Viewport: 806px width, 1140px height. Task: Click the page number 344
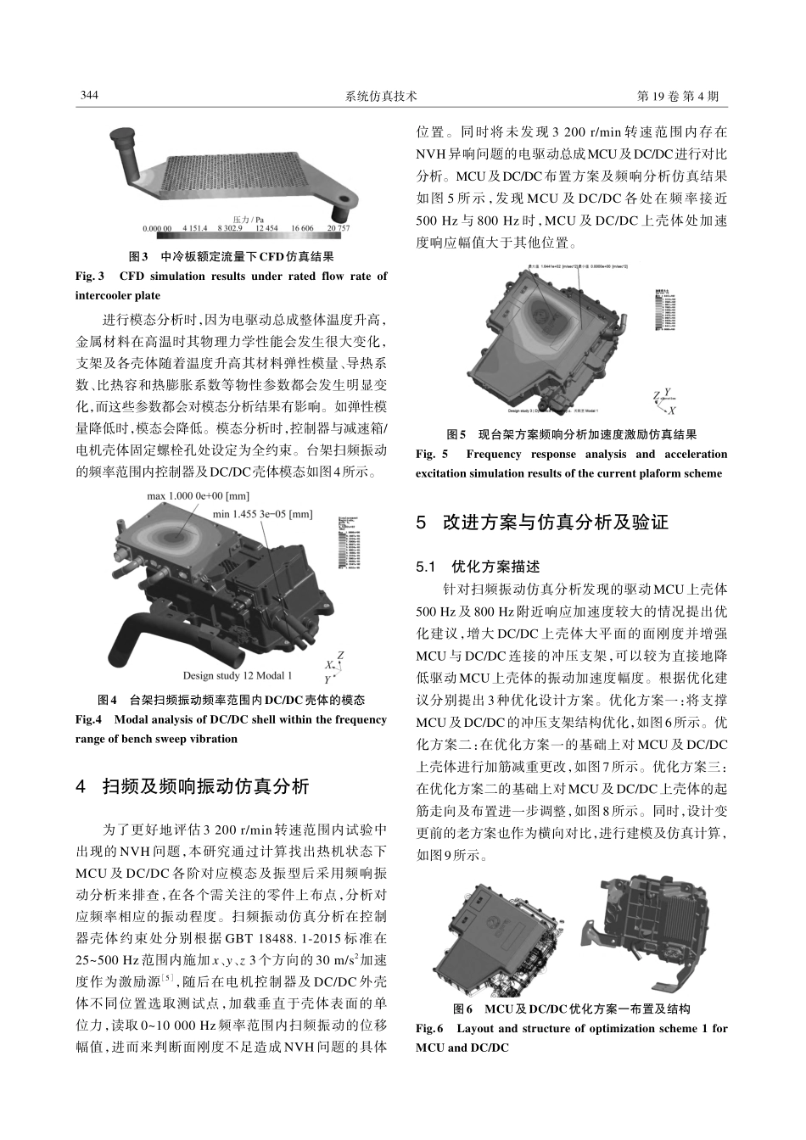[x=89, y=96]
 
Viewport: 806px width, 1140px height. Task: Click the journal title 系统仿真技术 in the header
[x=382, y=97]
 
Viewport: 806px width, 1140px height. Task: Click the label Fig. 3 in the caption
[x=90, y=277]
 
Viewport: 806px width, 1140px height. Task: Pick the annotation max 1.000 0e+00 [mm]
[x=199, y=495]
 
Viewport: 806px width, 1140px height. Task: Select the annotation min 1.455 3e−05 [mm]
[x=262, y=514]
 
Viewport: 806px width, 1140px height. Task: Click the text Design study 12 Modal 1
[x=237, y=676]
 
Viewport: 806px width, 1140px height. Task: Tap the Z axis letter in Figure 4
[x=340, y=656]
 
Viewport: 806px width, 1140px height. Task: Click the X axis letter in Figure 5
[x=673, y=410]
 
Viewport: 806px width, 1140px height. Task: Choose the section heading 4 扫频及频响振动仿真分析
[x=192, y=786]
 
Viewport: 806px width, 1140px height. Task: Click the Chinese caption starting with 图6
[x=571, y=1009]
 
